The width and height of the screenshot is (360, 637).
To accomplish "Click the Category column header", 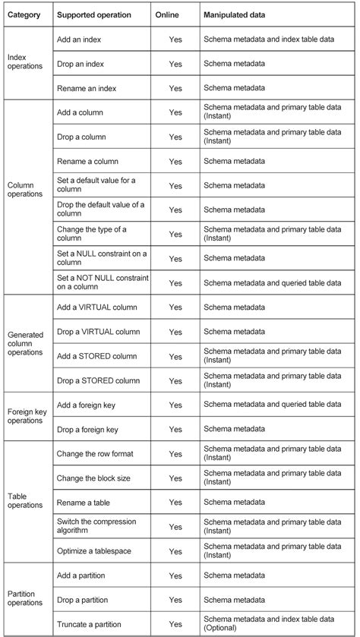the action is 24,14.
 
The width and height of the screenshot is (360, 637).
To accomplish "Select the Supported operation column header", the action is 94,14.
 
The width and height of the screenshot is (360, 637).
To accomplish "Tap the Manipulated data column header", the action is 238,14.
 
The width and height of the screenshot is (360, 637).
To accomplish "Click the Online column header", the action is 167,14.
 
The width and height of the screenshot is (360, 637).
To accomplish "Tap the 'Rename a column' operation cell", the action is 88,161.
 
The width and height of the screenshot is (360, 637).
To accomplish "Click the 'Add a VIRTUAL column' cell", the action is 97,307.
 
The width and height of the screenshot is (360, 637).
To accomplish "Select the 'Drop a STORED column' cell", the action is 99,380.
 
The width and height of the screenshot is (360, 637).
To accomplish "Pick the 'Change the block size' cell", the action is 95,478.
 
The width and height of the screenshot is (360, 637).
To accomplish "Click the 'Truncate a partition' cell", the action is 90,624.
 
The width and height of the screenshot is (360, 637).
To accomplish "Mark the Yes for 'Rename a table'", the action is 175,502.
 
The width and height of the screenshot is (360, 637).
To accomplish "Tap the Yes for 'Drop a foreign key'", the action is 175,429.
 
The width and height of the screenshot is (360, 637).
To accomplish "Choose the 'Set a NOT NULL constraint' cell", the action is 102,282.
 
